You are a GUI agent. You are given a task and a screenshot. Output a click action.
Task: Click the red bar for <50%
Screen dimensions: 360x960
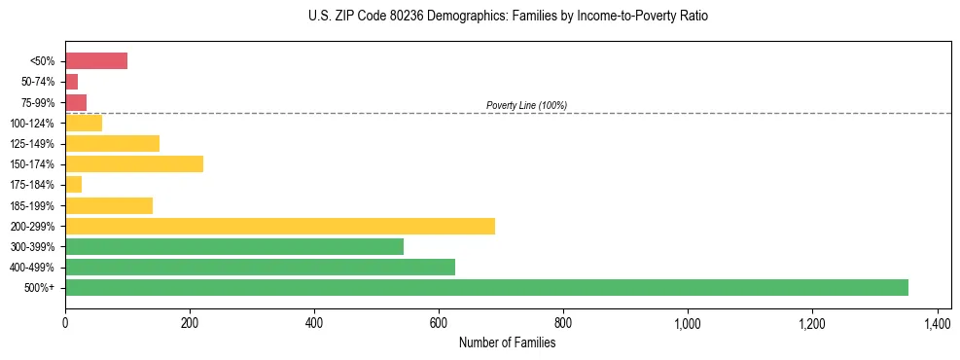(96, 61)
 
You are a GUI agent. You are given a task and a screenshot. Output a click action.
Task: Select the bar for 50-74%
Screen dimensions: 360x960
(71, 82)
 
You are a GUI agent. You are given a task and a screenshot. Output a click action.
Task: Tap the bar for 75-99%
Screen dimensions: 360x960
(76, 102)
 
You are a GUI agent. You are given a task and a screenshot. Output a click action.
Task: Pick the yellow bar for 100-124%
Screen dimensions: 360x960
(84, 123)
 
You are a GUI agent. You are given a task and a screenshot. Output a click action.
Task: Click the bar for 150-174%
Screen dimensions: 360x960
(134, 163)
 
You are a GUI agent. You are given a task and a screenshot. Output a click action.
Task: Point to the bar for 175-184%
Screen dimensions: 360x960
(73, 184)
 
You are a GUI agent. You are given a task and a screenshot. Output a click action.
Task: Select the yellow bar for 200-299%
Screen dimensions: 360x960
(280, 226)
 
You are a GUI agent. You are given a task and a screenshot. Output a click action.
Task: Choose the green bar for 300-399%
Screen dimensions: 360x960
(234, 246)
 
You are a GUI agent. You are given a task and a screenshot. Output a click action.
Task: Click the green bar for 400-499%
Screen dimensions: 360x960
(260, 267)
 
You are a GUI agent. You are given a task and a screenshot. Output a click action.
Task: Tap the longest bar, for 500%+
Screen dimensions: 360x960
(486, 287)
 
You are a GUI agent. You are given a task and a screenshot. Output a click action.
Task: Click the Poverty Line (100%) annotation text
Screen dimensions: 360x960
(526, 105)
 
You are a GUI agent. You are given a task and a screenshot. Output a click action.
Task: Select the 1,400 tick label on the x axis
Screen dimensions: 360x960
(937, 322)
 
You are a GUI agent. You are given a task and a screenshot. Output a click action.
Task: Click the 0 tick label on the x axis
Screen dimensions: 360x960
(65, 322)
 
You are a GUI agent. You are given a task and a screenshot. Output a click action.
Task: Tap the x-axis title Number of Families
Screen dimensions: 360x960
(507, 342)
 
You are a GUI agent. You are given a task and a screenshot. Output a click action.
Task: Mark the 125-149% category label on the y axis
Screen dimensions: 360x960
(37, 144)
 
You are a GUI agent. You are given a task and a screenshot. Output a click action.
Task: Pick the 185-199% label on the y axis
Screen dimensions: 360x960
(37, 205)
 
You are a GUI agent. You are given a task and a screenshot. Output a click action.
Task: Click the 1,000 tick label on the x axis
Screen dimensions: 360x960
(688, 322)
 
